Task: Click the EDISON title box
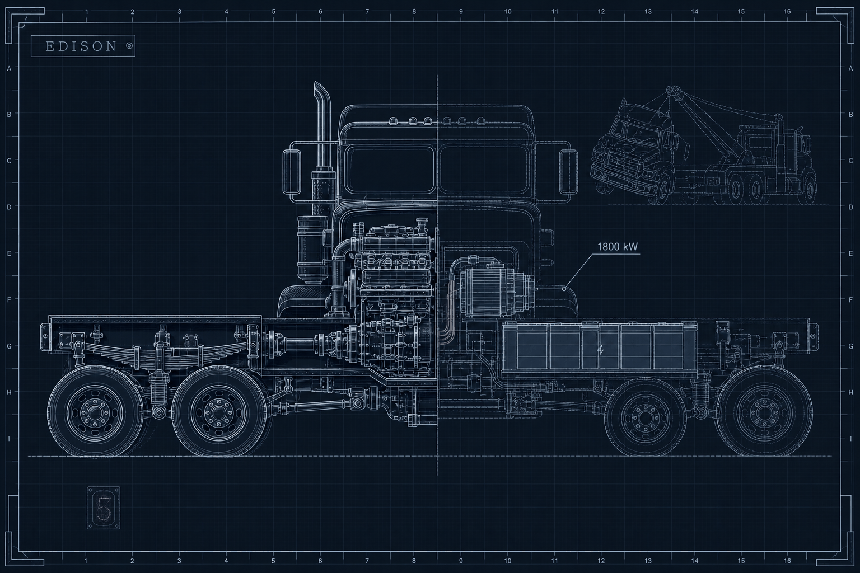83,46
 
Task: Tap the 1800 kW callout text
618,247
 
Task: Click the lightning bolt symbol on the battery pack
600,350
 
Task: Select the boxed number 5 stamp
103,508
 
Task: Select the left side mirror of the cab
293,172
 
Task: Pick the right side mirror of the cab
569,172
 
